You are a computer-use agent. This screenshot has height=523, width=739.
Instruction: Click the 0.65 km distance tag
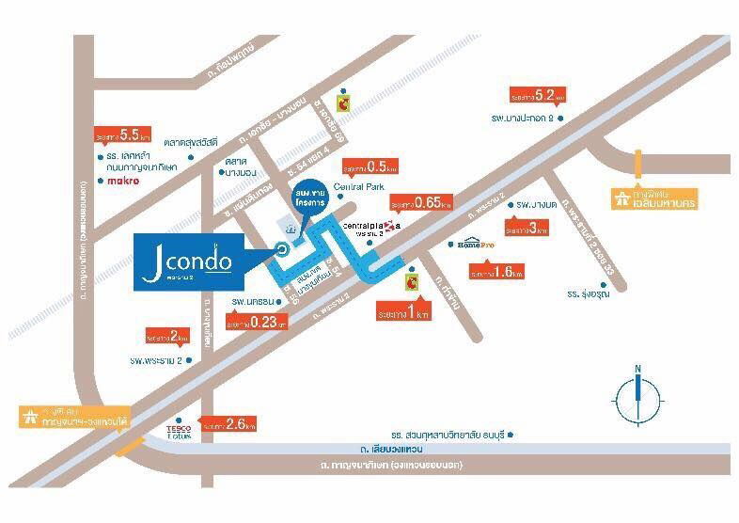coord(421,202)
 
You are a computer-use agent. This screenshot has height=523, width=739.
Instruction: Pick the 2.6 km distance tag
coord(229,424)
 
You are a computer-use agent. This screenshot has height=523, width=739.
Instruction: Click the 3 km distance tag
coord(527,227)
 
